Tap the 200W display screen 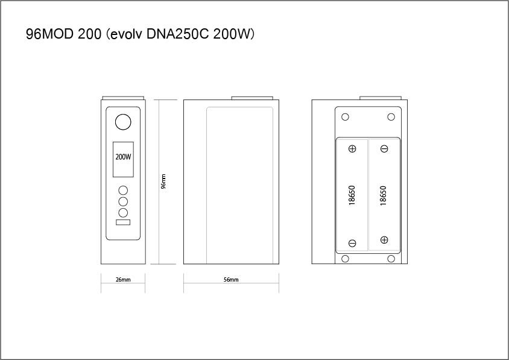click(123, 159)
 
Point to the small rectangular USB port click(123, 222)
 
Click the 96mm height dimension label click(163, 182)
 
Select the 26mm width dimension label click(123, 279)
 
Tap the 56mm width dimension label click(231, 279)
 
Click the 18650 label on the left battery click(352, 195)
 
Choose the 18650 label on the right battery click(384, 195)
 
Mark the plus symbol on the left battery click(352, 149)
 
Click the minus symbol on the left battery click(352, 243)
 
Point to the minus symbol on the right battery click(384, 149)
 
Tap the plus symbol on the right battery click(384, 240)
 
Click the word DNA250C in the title click(177, 34)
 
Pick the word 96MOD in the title click(49, 34)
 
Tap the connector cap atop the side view click(252, 98)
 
